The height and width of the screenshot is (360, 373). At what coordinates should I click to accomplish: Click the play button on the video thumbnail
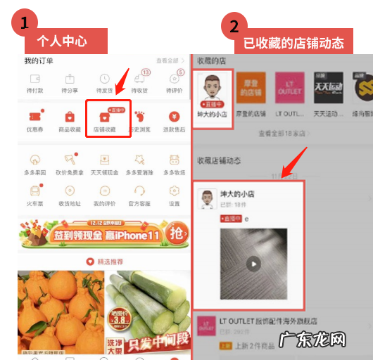click(x=253, y=264)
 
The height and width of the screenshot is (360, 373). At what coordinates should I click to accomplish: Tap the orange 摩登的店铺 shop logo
click(x=253, y=88)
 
